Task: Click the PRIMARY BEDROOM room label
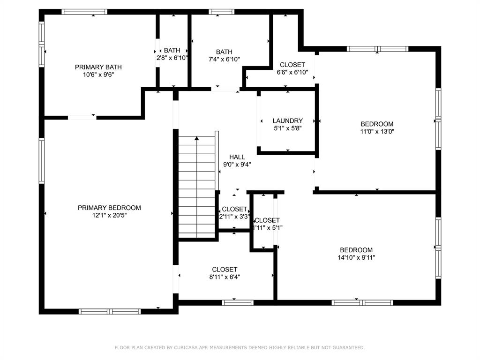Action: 109,208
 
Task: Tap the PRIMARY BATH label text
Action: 98,67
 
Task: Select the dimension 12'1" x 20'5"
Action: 109,215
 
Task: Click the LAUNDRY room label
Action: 287,120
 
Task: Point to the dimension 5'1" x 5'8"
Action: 287,128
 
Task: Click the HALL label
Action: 237,157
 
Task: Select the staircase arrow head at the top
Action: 197,138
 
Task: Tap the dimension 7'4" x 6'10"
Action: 224,59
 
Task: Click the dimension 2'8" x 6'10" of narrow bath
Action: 172,58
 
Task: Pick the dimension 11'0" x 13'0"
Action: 377,132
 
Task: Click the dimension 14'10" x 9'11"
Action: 356,257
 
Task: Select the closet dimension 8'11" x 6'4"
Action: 225,277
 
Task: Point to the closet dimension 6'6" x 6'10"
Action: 292,72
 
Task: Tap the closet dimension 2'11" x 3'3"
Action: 234,217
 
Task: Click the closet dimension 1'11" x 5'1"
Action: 267,228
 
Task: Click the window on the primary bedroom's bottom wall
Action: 110,311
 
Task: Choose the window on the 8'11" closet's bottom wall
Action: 237,303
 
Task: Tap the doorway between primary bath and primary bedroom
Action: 82,117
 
